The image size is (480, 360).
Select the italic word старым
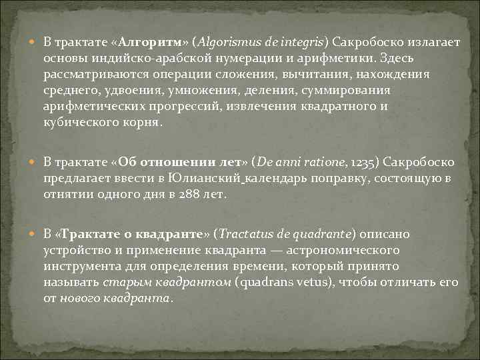124,283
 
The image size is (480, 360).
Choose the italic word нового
80,299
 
